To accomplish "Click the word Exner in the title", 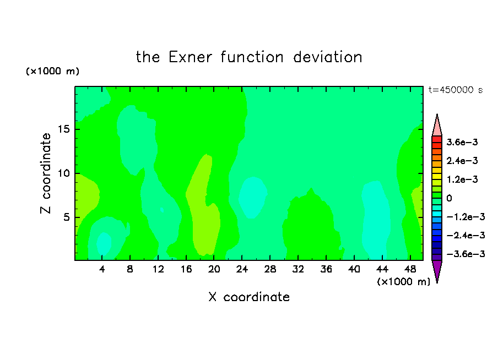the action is click(190, 57).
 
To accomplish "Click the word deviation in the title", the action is click(327, 57).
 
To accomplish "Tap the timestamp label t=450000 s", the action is click(456, 90).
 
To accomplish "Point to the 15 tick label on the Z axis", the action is click(63, 129).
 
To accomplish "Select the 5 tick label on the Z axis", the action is click(66, 217).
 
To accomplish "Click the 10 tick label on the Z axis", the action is click(63, 173).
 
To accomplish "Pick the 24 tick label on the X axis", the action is click(242, 269).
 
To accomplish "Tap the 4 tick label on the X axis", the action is click(102, 269).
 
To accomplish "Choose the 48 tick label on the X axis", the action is click(410, 269).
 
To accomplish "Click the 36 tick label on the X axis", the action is click(326, 269).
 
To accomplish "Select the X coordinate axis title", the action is click(249, 297).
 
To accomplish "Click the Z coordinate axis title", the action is click(46, 173).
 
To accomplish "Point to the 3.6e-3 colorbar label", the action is click(462, 142).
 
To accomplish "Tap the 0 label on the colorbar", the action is click(449, 198).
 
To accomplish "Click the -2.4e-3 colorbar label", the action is click(465, 235).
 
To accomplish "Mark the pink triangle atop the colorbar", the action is click(437, 126).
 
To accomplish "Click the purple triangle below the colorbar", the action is click(437, 270).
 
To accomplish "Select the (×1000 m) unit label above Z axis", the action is click(52, 71).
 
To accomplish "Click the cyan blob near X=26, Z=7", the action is click(252, 198).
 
